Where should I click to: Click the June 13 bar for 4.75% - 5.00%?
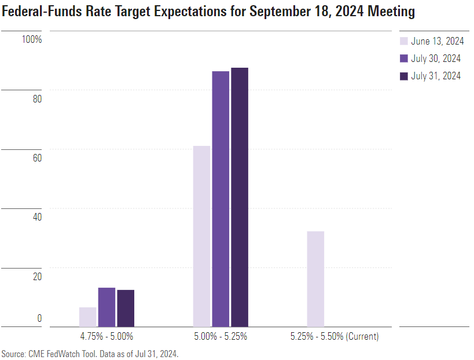[87, 317]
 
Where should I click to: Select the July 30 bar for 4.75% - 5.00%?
[106, 307]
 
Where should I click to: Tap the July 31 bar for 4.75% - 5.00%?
[126, 308]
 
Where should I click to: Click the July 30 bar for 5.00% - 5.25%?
[221, 199]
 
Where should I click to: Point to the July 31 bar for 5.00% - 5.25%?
[240, 197]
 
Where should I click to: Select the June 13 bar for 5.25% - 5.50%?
[315, 279]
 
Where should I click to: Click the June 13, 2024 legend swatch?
[404, 41]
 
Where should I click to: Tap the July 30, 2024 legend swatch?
[404, 58]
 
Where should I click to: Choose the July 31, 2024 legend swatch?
[404, 76]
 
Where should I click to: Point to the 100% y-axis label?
[32, 39]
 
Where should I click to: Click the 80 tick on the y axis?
[37, 98]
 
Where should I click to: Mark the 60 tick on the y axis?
[37, 158]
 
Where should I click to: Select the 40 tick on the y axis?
[37, 217]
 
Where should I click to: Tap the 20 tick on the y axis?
[37, 277]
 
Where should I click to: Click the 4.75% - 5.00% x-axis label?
[106, 336]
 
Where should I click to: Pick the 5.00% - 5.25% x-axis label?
[221, 336]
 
